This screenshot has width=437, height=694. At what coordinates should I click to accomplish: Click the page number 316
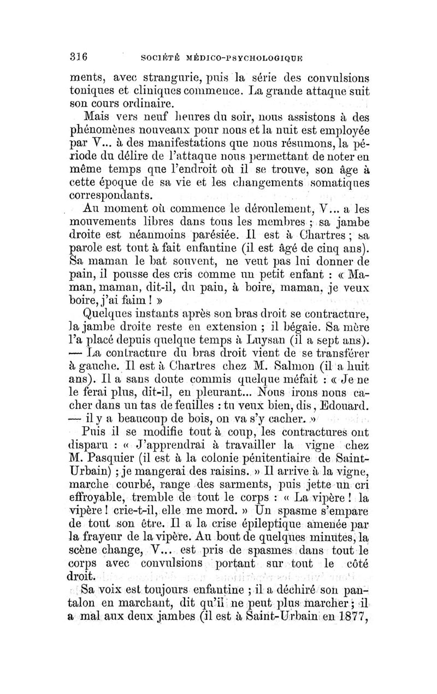point(80,56)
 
